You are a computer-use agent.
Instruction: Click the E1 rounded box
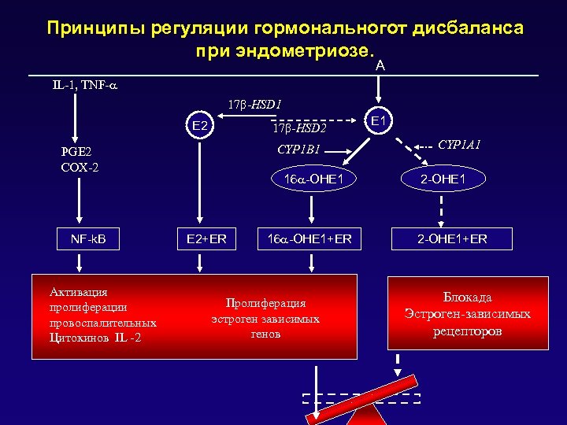coord(377,120)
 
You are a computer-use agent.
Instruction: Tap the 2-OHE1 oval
coord(443,179)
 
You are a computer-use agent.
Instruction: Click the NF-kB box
coord(78,238)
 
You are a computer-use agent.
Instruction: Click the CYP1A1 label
coord(460,145)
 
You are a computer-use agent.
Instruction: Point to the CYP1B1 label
coord(299,149)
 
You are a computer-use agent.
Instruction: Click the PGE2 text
coord(77,153)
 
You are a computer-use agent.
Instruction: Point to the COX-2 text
coord(79,167)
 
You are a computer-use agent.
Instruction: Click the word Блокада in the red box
coord(467,297)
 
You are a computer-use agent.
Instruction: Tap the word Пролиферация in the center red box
coord(265,303)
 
